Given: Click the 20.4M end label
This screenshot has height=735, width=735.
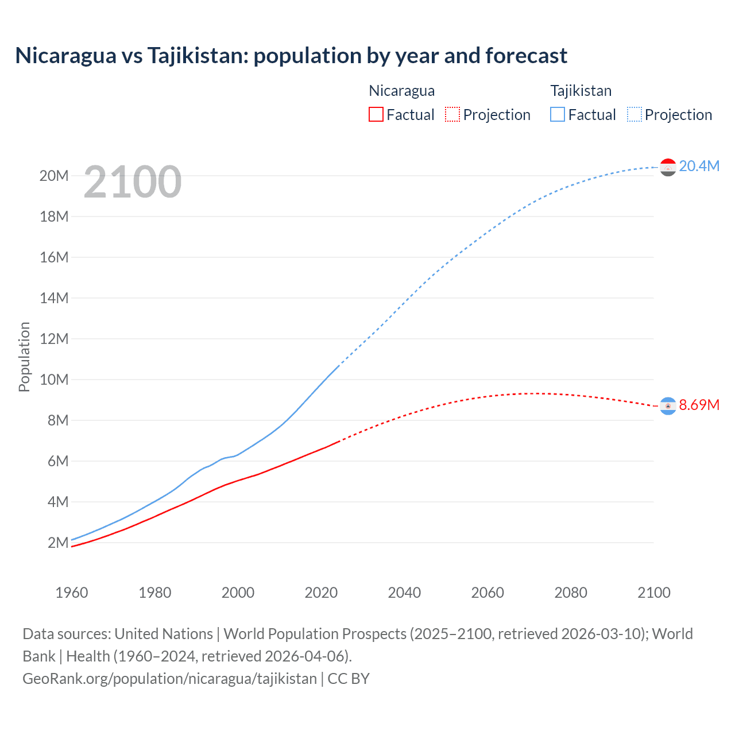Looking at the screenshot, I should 699,166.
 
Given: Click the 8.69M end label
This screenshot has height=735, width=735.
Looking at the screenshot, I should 699,405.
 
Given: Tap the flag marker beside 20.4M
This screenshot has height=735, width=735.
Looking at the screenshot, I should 668,167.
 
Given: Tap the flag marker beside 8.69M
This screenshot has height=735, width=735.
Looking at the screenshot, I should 668,406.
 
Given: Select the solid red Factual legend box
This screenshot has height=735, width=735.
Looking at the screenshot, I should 376,115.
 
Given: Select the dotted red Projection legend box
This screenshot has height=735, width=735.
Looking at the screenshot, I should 452,115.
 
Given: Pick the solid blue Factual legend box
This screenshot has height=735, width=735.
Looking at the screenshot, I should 558,115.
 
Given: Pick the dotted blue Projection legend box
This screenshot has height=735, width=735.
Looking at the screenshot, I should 635,115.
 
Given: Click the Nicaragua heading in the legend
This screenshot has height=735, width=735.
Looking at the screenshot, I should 401,91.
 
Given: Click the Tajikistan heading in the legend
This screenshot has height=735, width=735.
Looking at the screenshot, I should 581,91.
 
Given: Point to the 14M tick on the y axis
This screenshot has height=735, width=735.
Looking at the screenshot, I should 54,298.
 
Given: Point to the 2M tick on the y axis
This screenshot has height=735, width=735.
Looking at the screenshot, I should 58,543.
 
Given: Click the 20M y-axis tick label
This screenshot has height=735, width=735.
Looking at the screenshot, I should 54,176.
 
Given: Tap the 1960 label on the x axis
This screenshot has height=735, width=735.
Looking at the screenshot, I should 72,593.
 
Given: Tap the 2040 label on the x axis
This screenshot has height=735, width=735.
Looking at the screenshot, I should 404,593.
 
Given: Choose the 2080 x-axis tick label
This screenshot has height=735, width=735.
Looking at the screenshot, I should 571,593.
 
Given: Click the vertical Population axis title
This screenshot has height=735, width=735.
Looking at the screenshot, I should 24,357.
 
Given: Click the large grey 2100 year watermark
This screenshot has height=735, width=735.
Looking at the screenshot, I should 133,182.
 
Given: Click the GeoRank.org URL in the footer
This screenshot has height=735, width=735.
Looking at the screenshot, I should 169,679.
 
